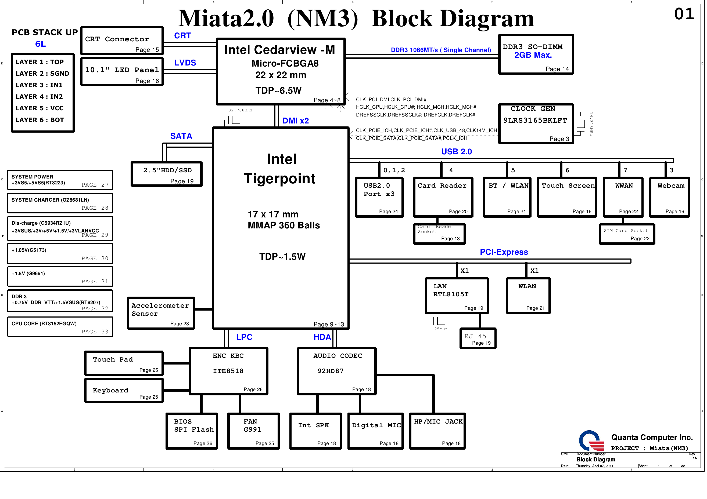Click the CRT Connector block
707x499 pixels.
122,41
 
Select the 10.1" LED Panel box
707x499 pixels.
122,72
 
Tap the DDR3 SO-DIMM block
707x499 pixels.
536,54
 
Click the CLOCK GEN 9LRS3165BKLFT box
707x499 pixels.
536,124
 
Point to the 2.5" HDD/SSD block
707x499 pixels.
167,174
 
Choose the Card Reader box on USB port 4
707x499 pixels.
443,197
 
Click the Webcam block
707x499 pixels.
669,197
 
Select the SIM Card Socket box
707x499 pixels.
627,234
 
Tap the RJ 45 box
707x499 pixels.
478,338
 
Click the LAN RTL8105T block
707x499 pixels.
457,296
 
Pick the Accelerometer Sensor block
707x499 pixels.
161,313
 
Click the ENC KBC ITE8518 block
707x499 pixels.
228,371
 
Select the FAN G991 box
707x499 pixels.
253,431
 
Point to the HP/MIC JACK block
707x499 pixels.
437,431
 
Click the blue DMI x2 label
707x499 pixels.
296,121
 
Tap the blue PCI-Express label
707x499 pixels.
504,252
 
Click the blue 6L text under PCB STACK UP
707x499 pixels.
40,44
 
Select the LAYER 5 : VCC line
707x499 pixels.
40,108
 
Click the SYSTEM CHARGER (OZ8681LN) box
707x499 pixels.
60,203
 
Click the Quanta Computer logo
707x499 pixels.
591,440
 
